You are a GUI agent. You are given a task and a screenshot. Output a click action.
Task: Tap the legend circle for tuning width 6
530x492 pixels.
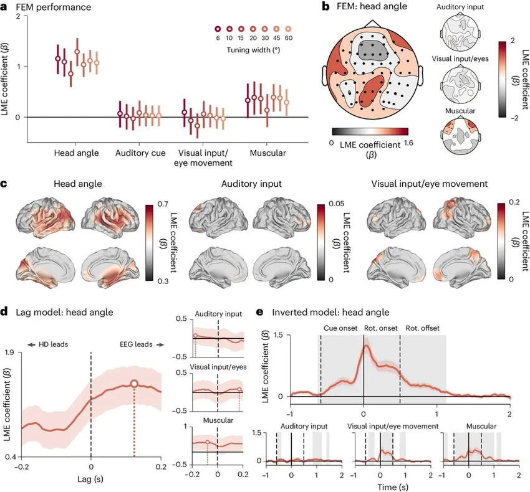pyautogui.click(x=218, y=29)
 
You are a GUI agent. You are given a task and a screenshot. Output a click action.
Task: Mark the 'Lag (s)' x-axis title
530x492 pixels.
pyautogui.click(x=91, y=479)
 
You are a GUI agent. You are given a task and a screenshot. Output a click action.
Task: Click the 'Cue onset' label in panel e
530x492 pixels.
pyautogui.click(x=340, y=328)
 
